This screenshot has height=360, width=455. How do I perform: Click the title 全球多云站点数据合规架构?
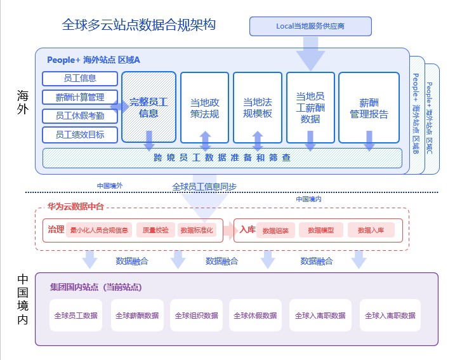139,25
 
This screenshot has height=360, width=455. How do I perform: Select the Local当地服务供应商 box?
310,26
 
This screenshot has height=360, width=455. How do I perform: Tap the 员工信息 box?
81,79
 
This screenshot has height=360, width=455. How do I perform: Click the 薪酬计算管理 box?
81,97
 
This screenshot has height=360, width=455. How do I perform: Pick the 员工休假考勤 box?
81,116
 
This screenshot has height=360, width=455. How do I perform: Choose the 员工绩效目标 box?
81,135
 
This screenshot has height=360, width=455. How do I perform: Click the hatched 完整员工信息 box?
148,107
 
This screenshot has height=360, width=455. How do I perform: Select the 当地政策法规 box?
205,107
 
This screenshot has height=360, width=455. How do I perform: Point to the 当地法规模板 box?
258,107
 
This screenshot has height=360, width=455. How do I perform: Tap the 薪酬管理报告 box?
369,107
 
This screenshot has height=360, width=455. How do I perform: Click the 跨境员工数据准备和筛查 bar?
222,157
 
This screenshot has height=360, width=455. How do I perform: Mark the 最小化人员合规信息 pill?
99,230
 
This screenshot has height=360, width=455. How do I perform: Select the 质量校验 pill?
155,230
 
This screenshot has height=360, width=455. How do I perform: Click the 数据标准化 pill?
197,230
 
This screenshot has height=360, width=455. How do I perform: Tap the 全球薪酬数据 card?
137,316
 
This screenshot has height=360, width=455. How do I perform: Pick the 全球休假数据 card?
255,316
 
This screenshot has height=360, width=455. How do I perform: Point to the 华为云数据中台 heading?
76,207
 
